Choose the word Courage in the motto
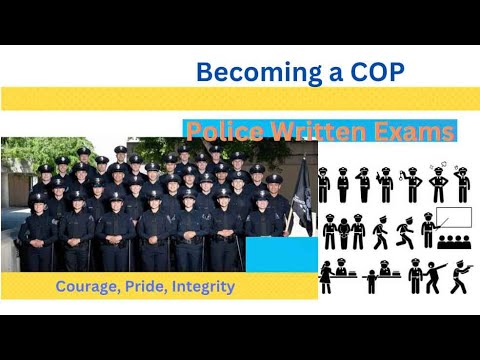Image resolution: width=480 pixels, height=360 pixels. click(88, 287)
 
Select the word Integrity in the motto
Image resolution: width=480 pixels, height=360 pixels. click(204, 287)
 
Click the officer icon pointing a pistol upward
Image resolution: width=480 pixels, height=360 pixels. click(386, 184)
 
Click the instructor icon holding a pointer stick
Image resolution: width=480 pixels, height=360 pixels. click(427, 230)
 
